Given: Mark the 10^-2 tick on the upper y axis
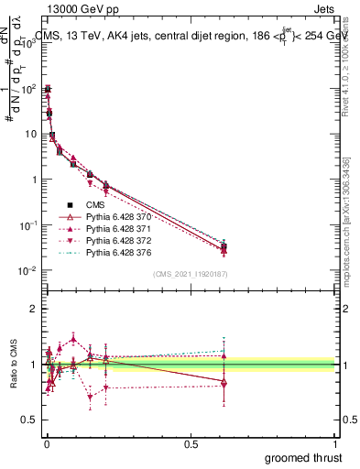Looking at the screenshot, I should (25, 270).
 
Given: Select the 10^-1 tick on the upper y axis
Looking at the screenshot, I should (25, 224).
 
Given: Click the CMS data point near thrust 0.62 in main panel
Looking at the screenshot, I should (224, 245).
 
